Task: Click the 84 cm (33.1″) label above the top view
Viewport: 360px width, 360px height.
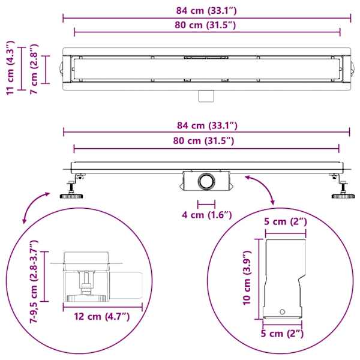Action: pos(206,11)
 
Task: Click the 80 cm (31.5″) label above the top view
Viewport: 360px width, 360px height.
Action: pos(205,25)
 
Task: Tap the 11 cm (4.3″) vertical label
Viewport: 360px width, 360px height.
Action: pos(10,68)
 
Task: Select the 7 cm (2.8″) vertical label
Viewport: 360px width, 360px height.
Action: pos(34,69)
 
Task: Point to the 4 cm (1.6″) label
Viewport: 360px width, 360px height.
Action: pos(207,215)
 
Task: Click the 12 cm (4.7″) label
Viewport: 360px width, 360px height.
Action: pos(102,317)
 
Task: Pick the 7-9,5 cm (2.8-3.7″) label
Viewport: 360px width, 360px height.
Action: pos(34,282)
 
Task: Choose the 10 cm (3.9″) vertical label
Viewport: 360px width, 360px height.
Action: pos(247,278)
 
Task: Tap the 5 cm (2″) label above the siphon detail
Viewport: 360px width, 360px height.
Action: pos(286,222)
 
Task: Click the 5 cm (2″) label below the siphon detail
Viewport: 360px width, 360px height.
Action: pos(282,334)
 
